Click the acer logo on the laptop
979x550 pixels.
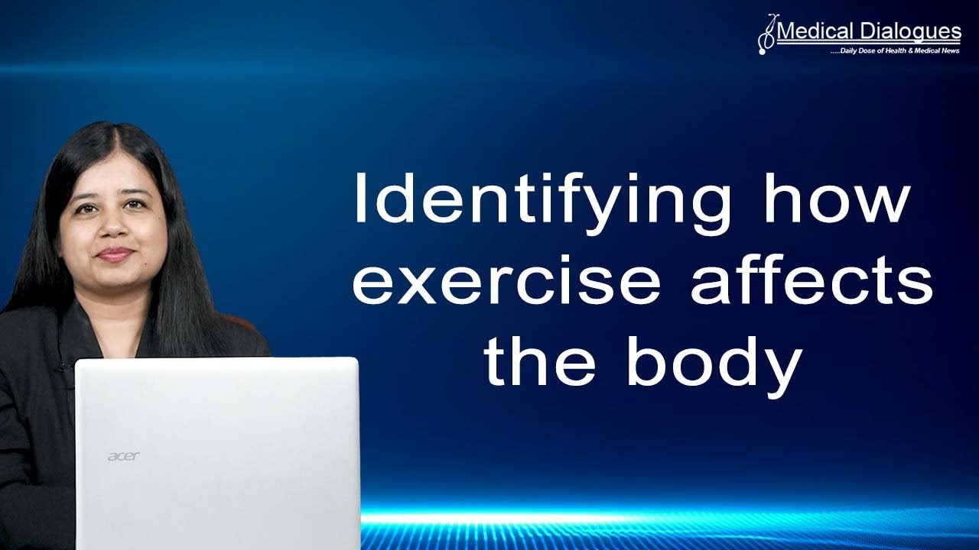[x=123, y=456]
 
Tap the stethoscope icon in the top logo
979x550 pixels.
[x=766, y=34]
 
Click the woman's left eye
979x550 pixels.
[x=135, y=205]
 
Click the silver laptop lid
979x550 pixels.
[x=217, y=451]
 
